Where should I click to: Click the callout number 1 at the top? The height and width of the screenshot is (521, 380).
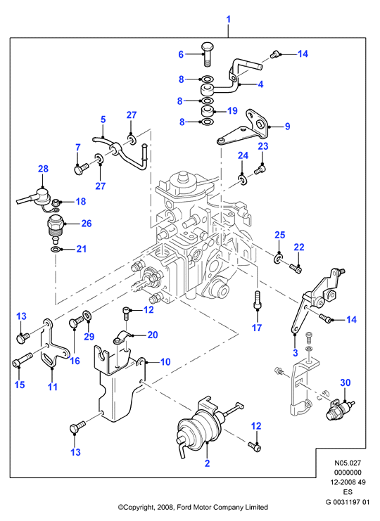point(229,20)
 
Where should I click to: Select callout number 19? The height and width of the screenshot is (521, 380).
point(232,110)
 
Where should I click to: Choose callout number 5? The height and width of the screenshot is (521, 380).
point(103,120)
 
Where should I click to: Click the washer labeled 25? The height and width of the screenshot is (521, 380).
point(278,259)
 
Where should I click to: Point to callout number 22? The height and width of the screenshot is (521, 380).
point(299,247)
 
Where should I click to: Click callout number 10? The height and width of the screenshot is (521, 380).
point(165,362)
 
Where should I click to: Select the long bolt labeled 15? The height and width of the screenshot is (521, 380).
point(22,360)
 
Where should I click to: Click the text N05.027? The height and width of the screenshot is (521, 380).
point(348,463)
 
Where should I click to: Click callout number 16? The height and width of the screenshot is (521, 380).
point(75,361)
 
